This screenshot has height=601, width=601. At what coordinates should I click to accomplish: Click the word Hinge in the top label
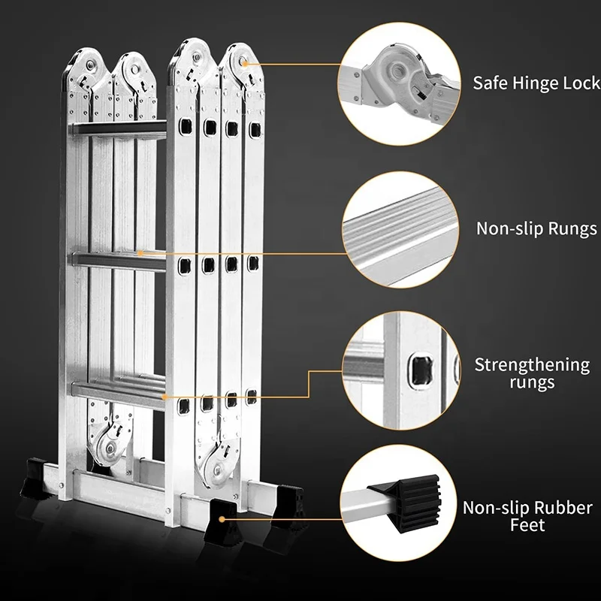[x=527, y=83]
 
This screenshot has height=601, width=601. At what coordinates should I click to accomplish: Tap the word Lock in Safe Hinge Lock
[x=581, y=83]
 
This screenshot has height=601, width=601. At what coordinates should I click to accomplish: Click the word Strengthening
[x=531, y=365]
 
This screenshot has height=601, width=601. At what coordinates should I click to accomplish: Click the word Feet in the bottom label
[x=527, y=525]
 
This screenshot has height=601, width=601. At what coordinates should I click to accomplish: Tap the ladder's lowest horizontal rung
[x=120, y=391]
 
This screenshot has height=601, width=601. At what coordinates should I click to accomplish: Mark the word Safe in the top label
[x=488, y=83]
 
